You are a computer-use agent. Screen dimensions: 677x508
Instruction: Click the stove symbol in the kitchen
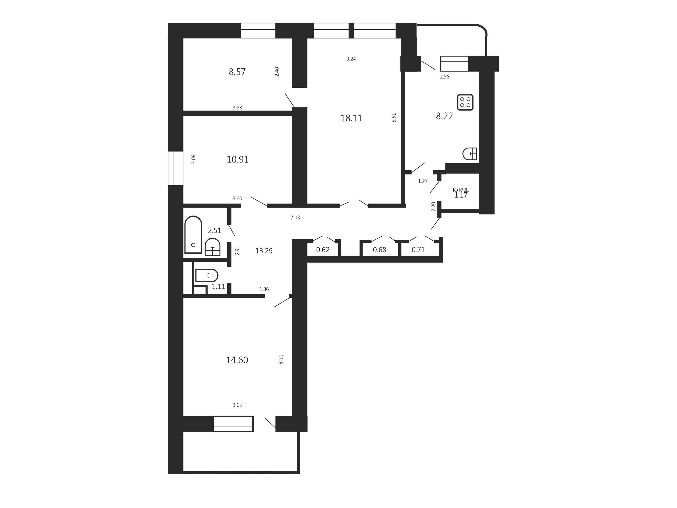pyautogui.click(x=465, y=102)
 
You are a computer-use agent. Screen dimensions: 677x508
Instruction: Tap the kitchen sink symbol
pyautogui.click(x=470, y=154)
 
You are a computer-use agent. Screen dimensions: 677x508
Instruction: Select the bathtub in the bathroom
pyautogui.click(x=193, y=235)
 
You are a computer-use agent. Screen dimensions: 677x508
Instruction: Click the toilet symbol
pyautogui.click(x=207, y=275)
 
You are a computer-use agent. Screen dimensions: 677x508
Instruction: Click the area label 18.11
pyautogui.click(x=351, y=118)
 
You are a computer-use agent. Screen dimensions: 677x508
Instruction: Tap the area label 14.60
pyautogui.click(x=237, y=360)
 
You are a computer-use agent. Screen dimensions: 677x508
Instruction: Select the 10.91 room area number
pyautogui.click(x=238, y=159)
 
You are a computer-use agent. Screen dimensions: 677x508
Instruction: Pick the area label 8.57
pyautogui.click(x=237, y=72)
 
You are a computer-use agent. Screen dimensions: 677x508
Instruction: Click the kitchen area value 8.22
pyautogui.click(x=444, y=116)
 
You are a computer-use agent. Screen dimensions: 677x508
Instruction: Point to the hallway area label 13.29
pyautogui.click(x=264, y=251)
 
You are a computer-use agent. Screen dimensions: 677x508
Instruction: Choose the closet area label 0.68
pyautogui.click(x=380, y=250)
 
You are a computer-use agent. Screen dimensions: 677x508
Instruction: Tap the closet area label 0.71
pyautogui.click(x=418, y=250)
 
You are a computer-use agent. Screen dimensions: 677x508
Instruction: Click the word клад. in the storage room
pyautogui.click(x=461, y=190)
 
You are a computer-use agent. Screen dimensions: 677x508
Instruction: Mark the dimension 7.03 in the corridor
pyautogui.click(x=295, y=218)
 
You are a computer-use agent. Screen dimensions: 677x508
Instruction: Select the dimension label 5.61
pyautogui.click(x=394, y=118)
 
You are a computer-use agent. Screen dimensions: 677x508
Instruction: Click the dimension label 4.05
pyautogui.click(x=282, y=360)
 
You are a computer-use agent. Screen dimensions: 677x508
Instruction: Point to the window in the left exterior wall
pyautogui.click(x=175, y=168)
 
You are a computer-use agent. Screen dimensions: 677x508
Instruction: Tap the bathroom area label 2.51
pyautogui.click(x=215, y=230)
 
